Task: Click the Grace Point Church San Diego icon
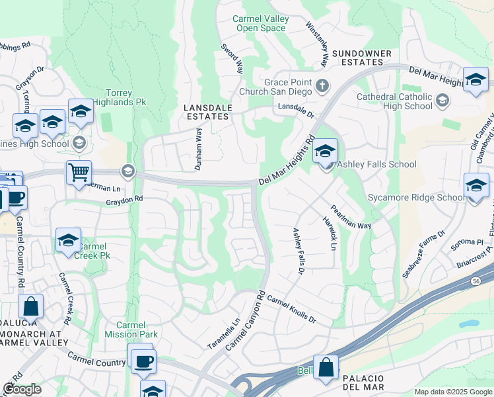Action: (x=322, y=85)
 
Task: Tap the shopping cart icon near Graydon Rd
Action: (x=79, y=173)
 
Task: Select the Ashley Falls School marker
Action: (x=325, y=152)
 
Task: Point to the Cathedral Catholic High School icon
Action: (x=442, y=101)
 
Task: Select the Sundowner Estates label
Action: (x=362, y=58)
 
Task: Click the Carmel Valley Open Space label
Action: (x=261, y=23)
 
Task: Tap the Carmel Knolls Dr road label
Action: (x=291, y=310)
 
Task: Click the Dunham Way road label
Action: (x=197, y=150)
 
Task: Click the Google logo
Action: (x=22, y=389)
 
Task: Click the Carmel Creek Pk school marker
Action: (x=68, y=242)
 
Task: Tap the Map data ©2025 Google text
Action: (x=452, y=392)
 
